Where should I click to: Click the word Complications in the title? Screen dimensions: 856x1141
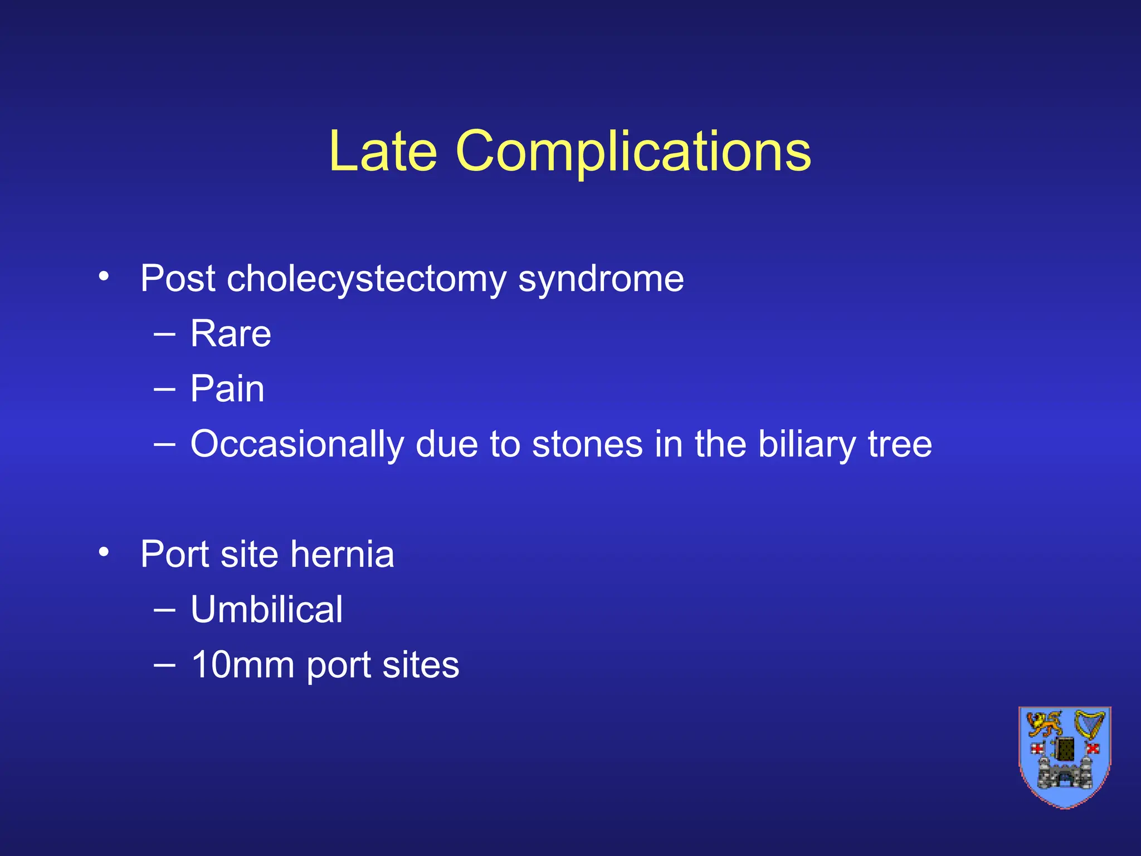point(633,152)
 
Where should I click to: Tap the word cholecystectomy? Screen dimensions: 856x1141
point(366,279)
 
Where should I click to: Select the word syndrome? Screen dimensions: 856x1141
point(601,279)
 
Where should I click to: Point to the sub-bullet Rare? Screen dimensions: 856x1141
point(231,334)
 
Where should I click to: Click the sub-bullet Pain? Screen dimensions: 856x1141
point(227,388)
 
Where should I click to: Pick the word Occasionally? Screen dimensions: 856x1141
point(297,444)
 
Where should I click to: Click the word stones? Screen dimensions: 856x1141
point(587,444)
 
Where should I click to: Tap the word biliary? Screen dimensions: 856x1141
point(806,444)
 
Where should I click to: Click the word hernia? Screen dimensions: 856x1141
point(342,554)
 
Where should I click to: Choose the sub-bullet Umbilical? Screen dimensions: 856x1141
point(266,609)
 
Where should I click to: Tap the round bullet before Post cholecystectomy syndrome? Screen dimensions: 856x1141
point(104,276)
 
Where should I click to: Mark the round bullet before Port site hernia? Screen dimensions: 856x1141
point(104,552)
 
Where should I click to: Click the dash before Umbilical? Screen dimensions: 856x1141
point(164,610)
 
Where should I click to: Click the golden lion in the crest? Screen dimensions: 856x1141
point(1044,725)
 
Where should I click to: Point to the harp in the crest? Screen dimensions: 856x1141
point(1089,724)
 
